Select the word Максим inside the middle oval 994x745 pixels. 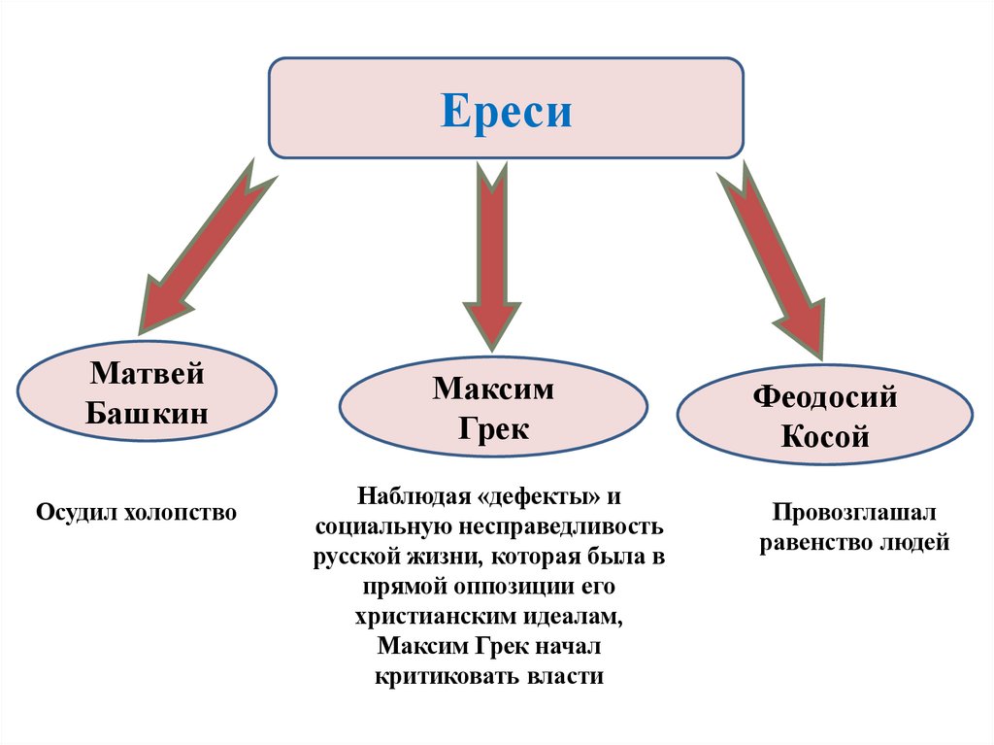(x=493, y=389)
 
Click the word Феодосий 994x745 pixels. (x=825, y=397)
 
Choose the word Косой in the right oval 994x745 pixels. (x=825, y=437)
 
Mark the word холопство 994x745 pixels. (x=180, y=511)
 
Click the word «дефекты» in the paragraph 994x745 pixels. (x=536, y=496)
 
